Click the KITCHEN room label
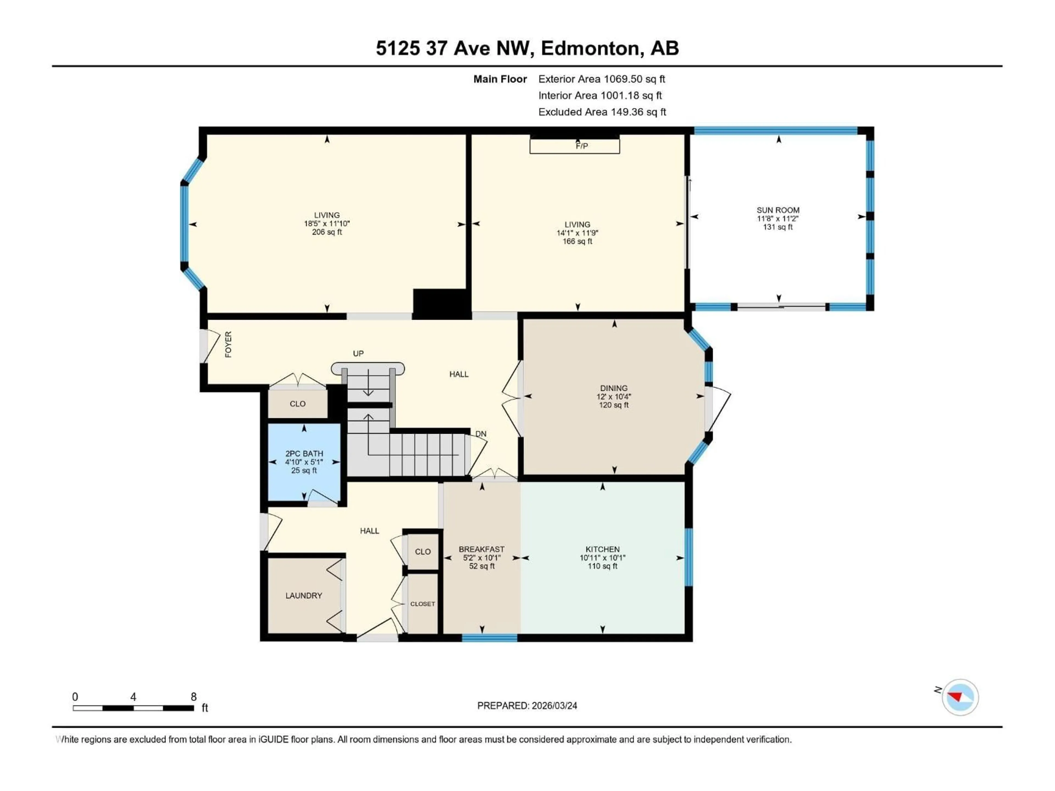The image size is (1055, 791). coord(603,549)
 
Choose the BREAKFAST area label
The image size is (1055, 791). coord(481,549)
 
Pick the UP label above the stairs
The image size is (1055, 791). coord(358,353)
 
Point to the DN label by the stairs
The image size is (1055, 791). coord(481,434)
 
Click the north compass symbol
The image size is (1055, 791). coord(960,697)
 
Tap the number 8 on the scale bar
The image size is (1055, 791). coord(194,697)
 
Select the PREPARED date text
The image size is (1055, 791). coord(527,706)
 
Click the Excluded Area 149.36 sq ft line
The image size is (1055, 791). coord(602,112)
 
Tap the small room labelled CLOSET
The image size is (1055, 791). coord(422,604)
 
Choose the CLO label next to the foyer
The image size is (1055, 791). coord(297,404)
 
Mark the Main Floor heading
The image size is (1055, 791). coord(500,79)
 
